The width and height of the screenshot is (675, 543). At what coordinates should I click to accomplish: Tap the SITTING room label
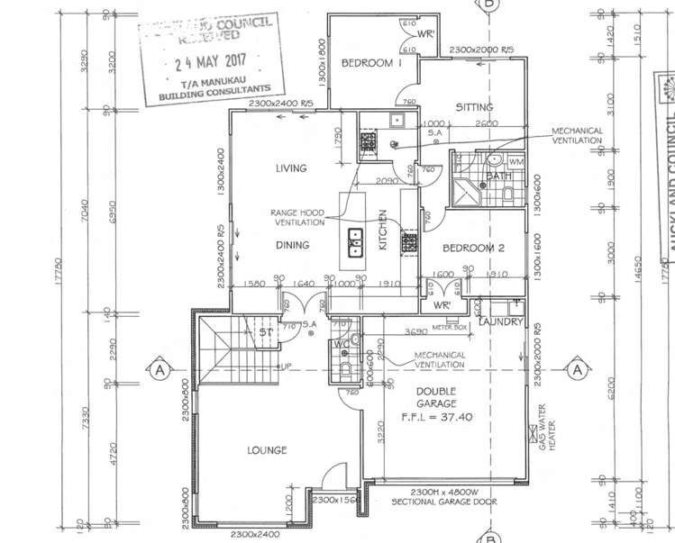click(473, 107)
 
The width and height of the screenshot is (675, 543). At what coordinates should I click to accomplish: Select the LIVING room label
click(291, 168)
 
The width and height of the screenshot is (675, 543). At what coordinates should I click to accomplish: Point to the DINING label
click(292, 245)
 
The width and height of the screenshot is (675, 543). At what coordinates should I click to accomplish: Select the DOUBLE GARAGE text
click(436, 398)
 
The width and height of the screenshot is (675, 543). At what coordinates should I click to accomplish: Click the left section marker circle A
click(160, 368)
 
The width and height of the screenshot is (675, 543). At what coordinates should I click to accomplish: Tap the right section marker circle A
click(575, 368)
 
